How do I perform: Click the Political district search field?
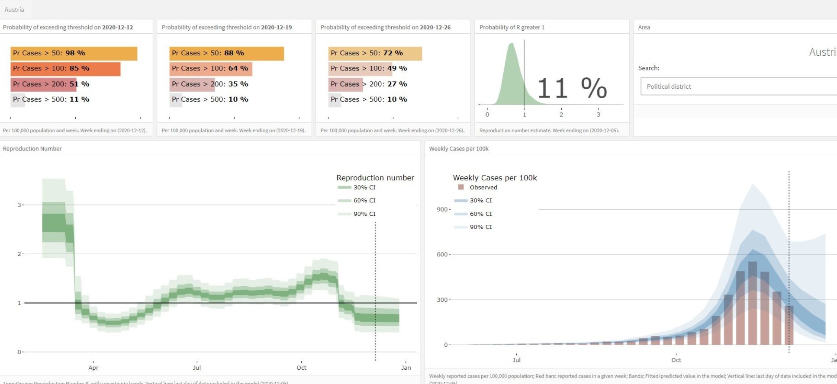[736, 86]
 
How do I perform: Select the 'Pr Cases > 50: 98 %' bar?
[74, 53]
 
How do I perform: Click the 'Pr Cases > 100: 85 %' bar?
[65, 69]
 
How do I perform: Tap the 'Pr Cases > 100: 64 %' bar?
[210, 69]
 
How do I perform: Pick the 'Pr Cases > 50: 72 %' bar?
[375, 53]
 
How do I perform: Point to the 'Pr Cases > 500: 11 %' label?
[51, 99]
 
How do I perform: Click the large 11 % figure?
[572, 88]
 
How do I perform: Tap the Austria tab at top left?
[14, 10]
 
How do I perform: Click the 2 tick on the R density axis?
[561, 115]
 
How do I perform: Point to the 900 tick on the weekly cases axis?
[442, 210]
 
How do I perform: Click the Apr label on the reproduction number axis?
[93, 368]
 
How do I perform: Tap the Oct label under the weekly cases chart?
[676, 360]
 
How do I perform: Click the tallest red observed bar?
[753, 303]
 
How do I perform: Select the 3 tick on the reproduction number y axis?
[19, 205]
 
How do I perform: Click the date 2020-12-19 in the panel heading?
[276, 27]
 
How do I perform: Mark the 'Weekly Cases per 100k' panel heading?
[459, 149]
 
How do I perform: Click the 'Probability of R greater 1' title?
[512, 27]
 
